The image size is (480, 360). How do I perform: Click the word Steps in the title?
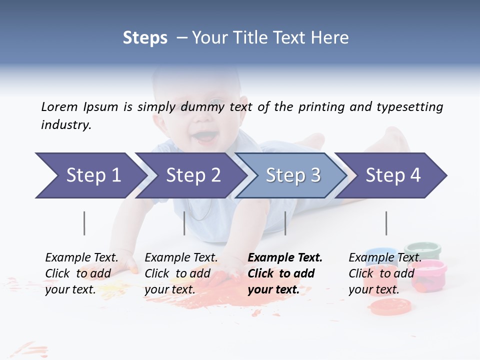point(145,38)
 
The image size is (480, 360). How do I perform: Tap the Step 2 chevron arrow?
point(190,175)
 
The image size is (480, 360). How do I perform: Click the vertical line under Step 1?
point(84,223)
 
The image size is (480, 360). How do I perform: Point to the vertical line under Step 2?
point(184,223)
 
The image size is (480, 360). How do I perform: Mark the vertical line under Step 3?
point(285,223)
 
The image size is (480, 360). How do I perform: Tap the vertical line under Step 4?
point(386,223)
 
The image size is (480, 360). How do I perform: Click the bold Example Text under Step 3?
point(285,258)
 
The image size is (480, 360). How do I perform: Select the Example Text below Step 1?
point(81,258)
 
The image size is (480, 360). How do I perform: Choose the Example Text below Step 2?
point(181,258)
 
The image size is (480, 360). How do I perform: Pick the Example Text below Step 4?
point(385,258)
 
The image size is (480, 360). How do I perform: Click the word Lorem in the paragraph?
point(59,106)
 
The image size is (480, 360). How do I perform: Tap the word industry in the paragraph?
point(66,125)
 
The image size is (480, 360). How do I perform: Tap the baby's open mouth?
point(205,135)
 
